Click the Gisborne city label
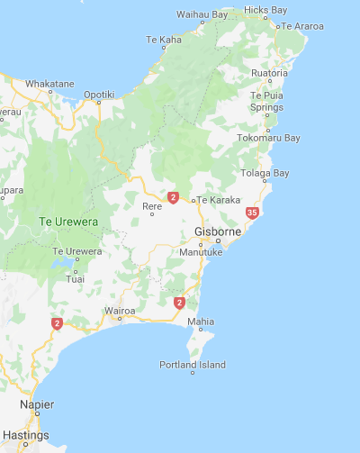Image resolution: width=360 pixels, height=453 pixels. click(x=217, y=232)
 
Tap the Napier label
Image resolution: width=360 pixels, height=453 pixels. click(x=37, y=405)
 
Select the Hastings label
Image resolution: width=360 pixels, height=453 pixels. click(x=26, y=435)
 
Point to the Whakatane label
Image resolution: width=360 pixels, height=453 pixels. click(x=49, y=84)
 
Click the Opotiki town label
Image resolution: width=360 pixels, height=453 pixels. click(x=99, y=94)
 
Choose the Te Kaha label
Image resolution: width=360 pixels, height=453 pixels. click(x=163, y=40)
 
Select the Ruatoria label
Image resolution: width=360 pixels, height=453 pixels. click(x=270, y=72)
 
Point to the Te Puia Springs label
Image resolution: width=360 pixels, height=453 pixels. click(x=266, y=101)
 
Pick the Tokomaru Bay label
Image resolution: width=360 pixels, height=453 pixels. click(x=268, y=138)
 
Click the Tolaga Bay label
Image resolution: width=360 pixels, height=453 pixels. click(x=265, y=173)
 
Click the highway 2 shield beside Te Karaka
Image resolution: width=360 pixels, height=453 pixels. click(x=173, y=196)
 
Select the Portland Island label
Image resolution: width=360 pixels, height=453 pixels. click(x=193, y=365)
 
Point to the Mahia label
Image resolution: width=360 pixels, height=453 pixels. click(x=201, y=322)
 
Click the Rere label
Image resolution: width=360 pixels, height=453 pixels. click(x=152, y=206)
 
